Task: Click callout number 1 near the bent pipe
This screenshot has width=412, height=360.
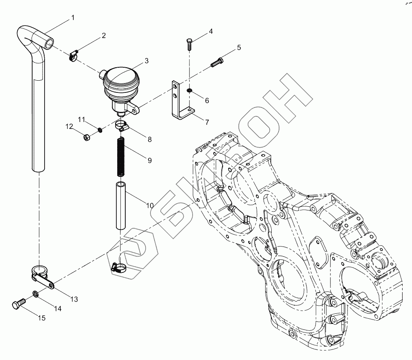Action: click(x=73, y=17)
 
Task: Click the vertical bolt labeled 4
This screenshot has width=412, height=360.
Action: click(x=189, y=44)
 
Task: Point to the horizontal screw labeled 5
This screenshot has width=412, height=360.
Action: click(x=217, y=63)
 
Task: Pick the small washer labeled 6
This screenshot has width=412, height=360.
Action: click(x=189, y=91)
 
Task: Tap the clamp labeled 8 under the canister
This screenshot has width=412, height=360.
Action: click(x=122, y=125)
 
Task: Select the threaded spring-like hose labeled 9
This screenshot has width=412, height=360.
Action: click(x=120, y=157)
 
